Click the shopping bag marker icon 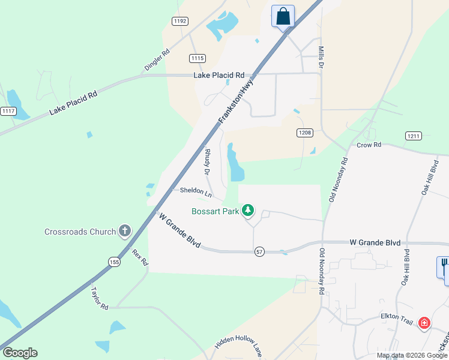pos(283,16)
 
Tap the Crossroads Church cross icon pos(125,231)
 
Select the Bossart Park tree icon pos(247,211)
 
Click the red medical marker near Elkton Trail pos(424,323)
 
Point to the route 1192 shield pos(179,21)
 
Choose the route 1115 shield pos(197,58)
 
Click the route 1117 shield pos(8,111)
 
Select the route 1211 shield pos(413,136)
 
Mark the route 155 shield pos(115,262)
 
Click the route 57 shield pos(259,251)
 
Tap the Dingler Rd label pos(157,59)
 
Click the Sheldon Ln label pos(196,193)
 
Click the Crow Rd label pos(369,145)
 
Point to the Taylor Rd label pos(99,298)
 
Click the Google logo pos(20,353)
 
